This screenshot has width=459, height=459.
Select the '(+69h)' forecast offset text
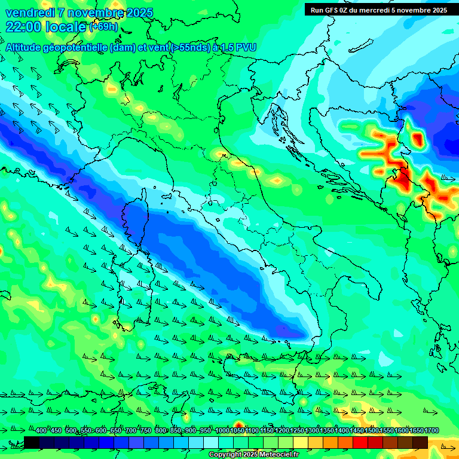click(103, 27)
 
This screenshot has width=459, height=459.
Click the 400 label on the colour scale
click(41, 431)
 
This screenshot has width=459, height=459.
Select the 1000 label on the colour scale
click(222, 431)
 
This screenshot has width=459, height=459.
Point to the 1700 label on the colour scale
click(416, 431)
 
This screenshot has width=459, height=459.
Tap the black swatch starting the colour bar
click(32, 442)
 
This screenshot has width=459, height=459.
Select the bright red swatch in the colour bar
click(360, 442)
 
